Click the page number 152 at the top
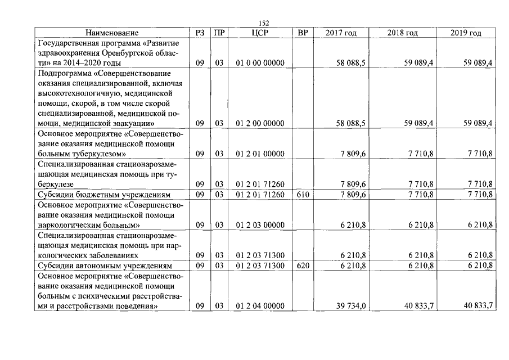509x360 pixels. pos(264,22)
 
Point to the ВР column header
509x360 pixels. pos(303,33)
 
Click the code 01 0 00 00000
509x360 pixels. pos(260,63)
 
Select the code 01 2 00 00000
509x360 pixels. pos(260,123)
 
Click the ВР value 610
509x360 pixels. pos(303,195)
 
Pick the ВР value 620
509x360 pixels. pos(303,265)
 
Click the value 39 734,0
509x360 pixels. pos(352,305)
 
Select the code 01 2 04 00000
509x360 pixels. pos(260,305)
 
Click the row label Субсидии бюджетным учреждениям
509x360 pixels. pos(94,195)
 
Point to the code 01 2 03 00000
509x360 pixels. pos(260,225)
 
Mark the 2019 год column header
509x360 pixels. pos(466,33)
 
